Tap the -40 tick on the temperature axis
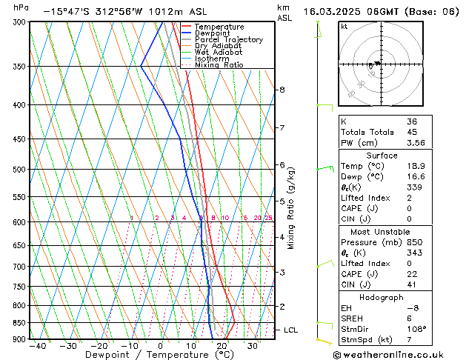point(36,345)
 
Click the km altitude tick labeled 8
point(282,90)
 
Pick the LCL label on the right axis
point(291,330)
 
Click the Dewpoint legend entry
point(215,33)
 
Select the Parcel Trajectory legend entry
point(228,40)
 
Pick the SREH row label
point(352,318)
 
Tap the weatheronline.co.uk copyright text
point(398,354)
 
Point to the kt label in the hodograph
point(344,26)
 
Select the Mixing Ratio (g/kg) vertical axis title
point(292,207)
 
